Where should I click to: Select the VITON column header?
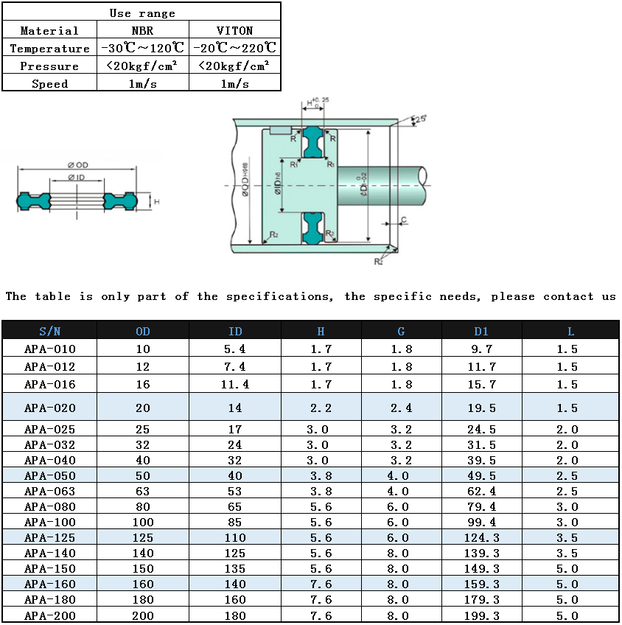[234, 30]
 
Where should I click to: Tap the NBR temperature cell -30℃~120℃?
[142, 49]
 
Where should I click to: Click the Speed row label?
[49, 84]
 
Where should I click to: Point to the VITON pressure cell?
[234, 66]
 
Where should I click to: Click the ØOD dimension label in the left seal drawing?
[77, 165]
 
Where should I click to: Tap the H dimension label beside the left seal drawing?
[156, 201]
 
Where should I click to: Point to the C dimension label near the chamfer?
[404, 220]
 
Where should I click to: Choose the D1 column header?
[481, 332]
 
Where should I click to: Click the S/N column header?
[50, 332]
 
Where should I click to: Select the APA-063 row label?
[50, 491]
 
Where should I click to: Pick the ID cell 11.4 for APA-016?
[235, 384]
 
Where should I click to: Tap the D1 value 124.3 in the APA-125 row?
[481, 537]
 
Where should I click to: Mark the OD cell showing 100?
[143, 522]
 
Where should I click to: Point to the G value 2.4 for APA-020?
[400, 408]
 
